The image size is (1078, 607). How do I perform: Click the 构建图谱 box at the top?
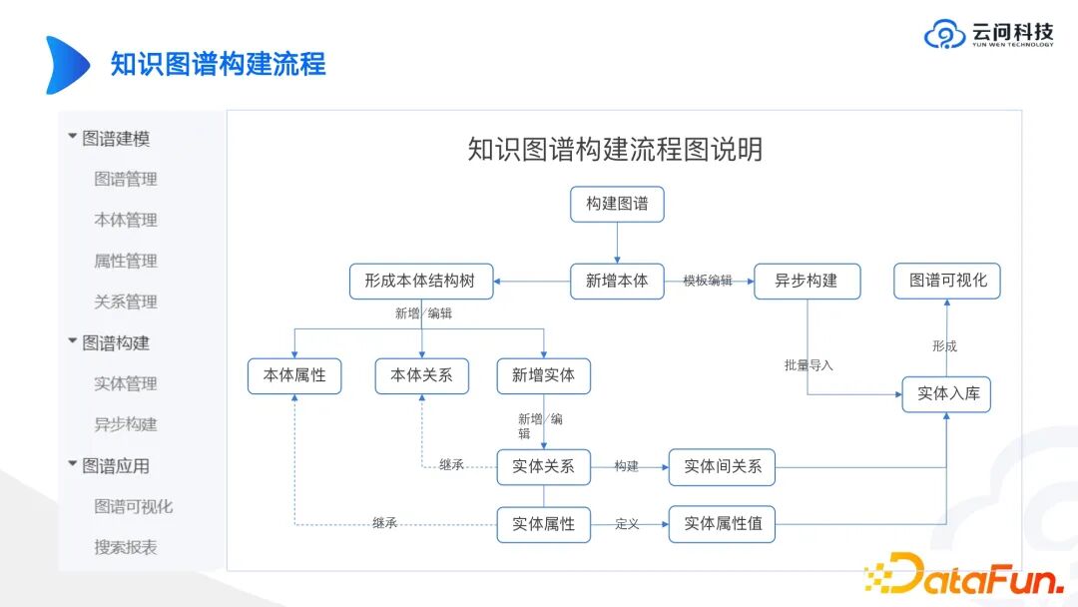tap(617, 204)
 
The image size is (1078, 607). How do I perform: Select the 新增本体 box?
tap(617, 281)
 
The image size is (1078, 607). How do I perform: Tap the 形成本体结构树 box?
tap(421, 281)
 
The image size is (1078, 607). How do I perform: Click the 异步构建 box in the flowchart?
tap(807, 281)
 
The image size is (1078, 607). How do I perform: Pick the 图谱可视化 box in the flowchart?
tap(947, 281)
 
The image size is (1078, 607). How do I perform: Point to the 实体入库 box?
tap(947, 394)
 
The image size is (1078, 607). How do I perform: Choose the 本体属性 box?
tap(294, 375)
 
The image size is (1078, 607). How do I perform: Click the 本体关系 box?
tap(421, 375)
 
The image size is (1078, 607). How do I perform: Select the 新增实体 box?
tap(543, 375)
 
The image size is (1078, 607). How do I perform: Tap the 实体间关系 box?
tap(722, 466)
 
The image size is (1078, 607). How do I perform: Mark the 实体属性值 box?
tap(722, 523)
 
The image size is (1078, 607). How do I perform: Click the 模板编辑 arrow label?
tap(707, 281)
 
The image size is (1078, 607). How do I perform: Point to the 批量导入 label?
tap(808, 365)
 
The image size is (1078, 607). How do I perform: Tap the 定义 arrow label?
tap(627, 523)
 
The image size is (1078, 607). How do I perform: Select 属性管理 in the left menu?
tap(126, 261)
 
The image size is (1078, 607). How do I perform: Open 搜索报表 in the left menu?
tap(126, 547)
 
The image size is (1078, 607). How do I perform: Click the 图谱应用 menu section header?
tap(115, 465)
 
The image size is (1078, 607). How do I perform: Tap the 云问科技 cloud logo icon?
tap(944, 35)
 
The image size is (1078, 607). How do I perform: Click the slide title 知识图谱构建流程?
tap(218, 65)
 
